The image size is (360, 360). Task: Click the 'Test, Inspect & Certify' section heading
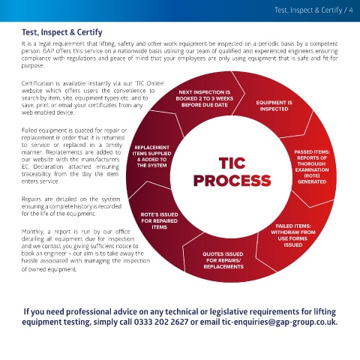point(62,32)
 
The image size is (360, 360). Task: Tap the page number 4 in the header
point(351,10)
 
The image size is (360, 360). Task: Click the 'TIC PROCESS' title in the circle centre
point(232,172)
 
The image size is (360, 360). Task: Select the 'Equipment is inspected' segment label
point(274,106)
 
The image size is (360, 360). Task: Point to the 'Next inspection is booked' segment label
point(205,98)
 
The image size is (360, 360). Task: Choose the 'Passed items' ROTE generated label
point(312,166)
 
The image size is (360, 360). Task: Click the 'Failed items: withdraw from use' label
point(293,235)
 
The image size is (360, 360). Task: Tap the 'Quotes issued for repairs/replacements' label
point(223,260)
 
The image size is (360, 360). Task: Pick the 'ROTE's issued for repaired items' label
point(160,220)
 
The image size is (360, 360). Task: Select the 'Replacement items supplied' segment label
point(151,156)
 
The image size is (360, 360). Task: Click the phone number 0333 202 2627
point(161,322)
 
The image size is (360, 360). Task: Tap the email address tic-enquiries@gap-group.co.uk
point(280,322)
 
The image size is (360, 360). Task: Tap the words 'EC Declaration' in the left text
point(42,166)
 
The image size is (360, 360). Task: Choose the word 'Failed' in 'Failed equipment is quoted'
point(28,130)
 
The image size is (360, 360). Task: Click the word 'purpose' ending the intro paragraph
point(33,66)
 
